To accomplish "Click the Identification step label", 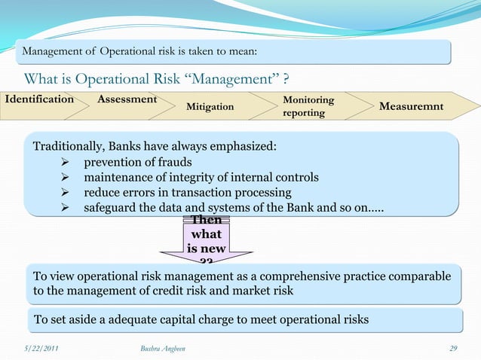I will pos(39,99).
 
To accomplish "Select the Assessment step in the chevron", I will pos(127,99).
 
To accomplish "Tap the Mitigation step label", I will pos(210,107).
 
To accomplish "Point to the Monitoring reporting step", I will pos(308,106).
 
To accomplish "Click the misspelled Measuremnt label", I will pos(411,106).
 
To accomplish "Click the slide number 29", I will pos(453,346).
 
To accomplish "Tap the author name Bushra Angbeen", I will pos(164,346).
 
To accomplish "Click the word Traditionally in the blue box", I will pos(70,145).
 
